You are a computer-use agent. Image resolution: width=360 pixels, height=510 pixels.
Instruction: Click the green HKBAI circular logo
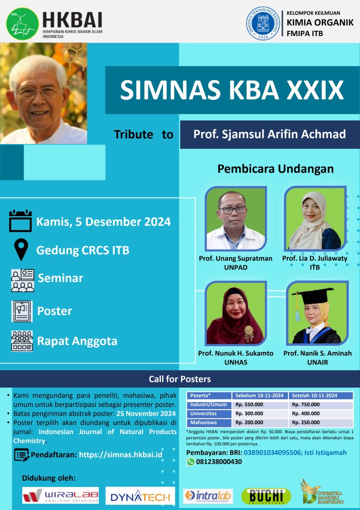(22, 23)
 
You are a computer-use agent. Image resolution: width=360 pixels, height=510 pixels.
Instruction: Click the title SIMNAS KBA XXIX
(232, 89)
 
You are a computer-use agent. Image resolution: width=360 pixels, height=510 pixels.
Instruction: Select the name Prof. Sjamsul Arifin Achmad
(269, 134)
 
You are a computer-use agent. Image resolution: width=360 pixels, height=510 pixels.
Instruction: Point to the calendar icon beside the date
(21, 221)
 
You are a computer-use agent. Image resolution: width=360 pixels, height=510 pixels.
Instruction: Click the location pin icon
(21, 250)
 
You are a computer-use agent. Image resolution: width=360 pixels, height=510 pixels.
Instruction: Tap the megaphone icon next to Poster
(22, 311)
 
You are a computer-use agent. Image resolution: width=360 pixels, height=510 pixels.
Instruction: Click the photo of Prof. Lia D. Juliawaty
(315, 218)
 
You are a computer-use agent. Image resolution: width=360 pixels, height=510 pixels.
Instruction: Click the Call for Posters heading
(180, 379)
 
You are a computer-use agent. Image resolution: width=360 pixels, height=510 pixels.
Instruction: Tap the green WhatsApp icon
(191, 462)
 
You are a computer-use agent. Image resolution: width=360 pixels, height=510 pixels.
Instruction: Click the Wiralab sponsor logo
(60, 495)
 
